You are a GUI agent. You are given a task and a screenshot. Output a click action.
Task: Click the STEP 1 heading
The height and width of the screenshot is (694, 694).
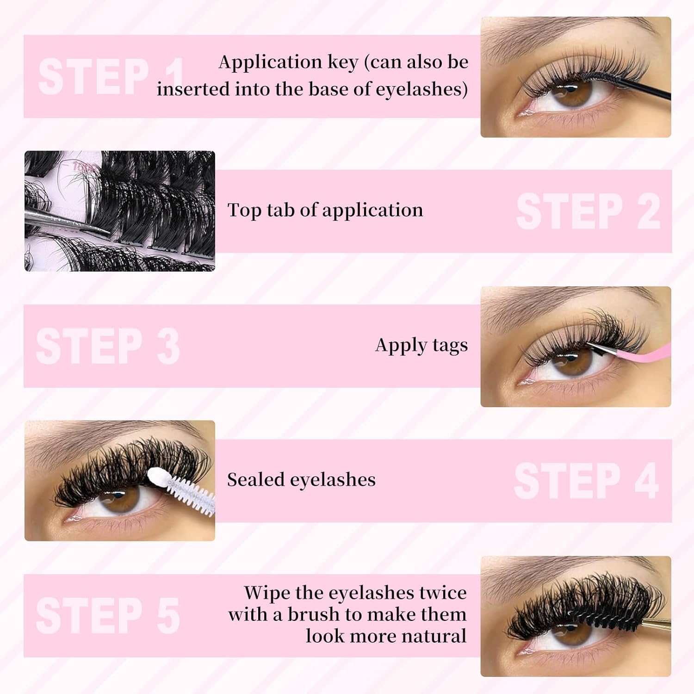(111, 76)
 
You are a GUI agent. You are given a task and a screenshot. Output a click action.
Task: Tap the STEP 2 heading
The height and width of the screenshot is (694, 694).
(588, 211)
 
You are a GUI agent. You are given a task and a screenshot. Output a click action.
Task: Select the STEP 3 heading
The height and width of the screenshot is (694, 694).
(108, 346)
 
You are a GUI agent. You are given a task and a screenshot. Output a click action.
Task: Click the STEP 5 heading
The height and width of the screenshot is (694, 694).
(108, 615)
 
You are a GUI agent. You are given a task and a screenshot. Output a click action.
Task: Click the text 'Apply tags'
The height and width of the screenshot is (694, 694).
(421, 346)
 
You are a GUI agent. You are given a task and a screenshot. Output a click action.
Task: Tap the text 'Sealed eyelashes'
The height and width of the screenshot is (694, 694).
(301, 480)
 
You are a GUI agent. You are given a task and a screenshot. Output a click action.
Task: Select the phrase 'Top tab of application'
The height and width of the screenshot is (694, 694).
(325, 210)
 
